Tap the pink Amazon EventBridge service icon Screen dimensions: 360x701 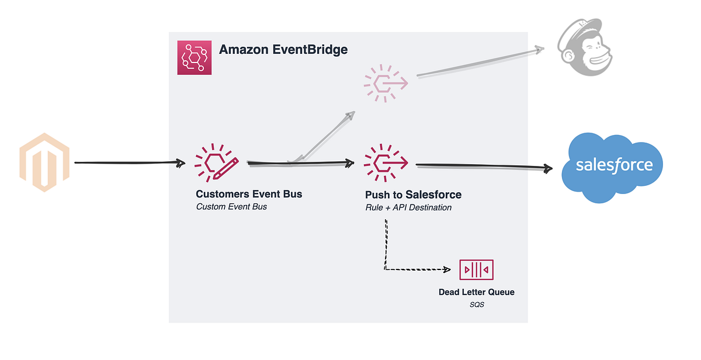point(195,57)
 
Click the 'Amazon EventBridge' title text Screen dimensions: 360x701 point(283,50)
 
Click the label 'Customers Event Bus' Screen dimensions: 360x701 point(249,194)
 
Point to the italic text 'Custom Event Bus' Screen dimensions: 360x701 point(231,206)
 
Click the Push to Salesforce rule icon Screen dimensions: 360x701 point(386,162)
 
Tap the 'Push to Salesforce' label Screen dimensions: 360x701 point(413,195)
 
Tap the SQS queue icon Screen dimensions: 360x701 point(476,269)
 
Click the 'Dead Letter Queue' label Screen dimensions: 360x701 point(477,292)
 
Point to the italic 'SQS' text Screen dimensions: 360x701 point(477,304)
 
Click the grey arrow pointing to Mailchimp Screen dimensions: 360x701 point(479,63)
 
